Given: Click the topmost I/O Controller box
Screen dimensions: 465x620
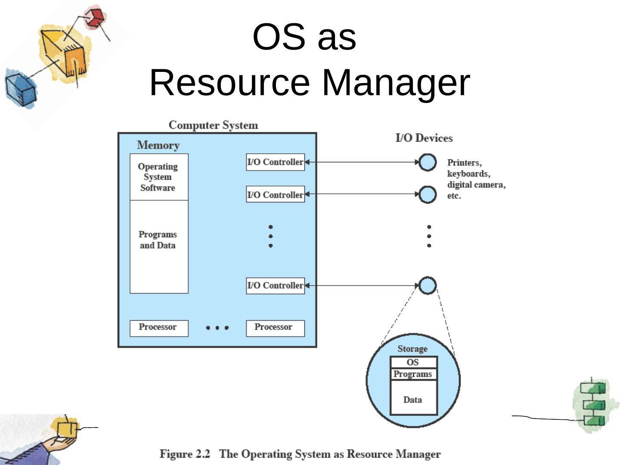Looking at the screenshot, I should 275,162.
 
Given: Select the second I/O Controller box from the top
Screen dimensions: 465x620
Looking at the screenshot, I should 275,195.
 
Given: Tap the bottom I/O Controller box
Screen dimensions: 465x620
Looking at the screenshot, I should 275,285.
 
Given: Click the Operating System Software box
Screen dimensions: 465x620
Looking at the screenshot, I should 159,177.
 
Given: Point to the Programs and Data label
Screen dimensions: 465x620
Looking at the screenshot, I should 158,240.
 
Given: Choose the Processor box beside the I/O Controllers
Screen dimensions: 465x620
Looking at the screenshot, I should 275,328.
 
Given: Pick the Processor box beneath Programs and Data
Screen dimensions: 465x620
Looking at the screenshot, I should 159,328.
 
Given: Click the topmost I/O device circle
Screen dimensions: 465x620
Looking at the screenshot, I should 428,162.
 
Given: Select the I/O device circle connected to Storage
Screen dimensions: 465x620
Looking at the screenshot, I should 428,285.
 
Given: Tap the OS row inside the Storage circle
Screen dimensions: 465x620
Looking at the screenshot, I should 413,363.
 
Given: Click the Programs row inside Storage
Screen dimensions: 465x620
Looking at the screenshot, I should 413,374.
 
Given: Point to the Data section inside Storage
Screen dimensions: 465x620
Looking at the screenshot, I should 413,399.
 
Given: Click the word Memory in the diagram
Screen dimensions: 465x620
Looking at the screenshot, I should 158,145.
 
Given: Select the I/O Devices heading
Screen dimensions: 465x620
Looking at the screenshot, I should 424,138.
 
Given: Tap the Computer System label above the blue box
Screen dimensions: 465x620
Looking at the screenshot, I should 213,125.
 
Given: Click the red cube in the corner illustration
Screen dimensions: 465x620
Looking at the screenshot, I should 95,17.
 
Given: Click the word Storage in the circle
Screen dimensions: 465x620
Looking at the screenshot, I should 412,349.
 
